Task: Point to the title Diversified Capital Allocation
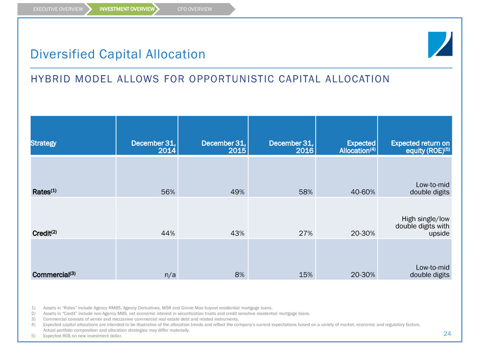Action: [x=118, y=54]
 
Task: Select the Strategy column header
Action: [x=44, y=143]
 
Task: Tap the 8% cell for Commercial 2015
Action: [x=238, y=274]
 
